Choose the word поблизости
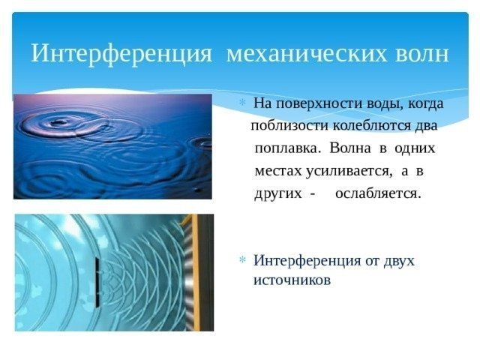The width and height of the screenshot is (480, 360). (286, 124)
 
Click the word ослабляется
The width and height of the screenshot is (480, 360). (379, 194)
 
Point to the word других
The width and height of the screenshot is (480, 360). (274, 194)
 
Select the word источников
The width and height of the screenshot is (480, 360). (292, 280)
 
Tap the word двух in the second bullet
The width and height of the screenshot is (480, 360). (397, 261)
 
